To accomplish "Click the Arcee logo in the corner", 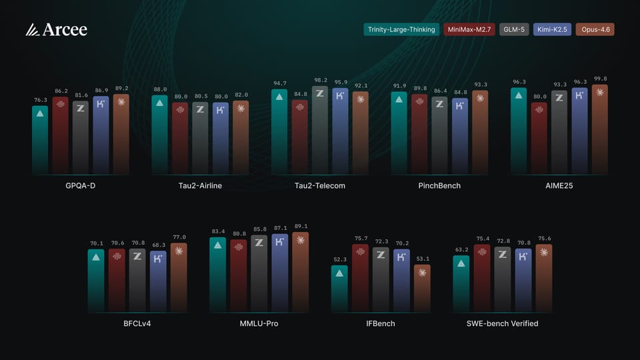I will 56,30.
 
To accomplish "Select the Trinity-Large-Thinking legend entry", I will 401,29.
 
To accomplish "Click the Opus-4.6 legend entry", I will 595,29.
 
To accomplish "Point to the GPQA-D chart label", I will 80,185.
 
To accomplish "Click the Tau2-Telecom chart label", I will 320,185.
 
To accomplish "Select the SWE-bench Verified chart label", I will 503,323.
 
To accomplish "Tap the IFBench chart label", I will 381,323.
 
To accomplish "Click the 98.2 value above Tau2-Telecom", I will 320,79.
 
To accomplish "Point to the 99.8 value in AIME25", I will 600,79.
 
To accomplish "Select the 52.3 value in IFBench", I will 339,259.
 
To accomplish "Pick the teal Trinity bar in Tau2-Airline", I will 160,137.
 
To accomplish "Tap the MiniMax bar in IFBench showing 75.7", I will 360,280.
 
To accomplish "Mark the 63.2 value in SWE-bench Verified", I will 461,249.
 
